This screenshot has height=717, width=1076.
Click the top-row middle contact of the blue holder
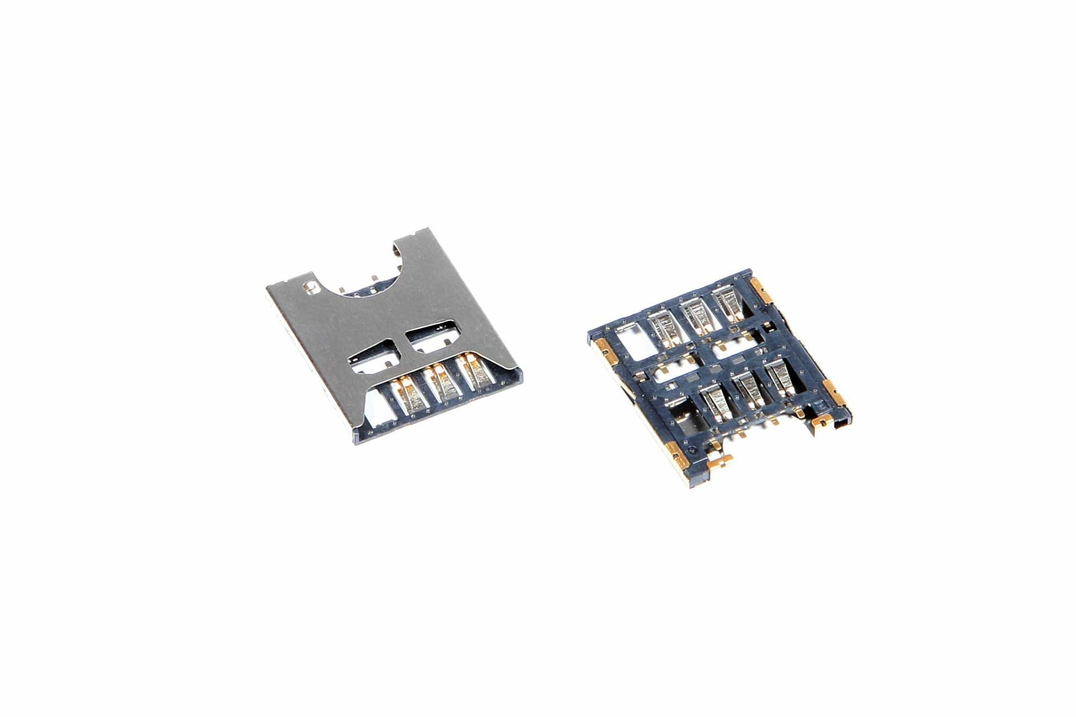click(x=696, y=314)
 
